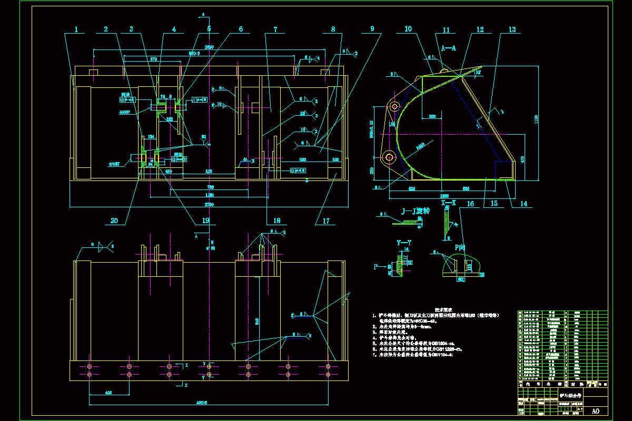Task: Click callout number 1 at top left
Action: (x=76, y=30)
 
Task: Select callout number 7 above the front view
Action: (x=275, y=30)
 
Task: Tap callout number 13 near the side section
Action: (x=512, y=30)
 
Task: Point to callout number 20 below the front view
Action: (x=114, y=220)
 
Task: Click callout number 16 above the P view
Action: (x=470, y=203)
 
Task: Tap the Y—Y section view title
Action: (x=404, y=243)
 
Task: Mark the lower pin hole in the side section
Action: (x=390, y=156)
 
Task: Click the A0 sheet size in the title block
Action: (x=596, y=411)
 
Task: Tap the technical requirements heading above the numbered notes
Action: (x=441, y=309)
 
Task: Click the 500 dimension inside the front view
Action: (x=303, y=158)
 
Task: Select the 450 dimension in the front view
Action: (x=169, y=171)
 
